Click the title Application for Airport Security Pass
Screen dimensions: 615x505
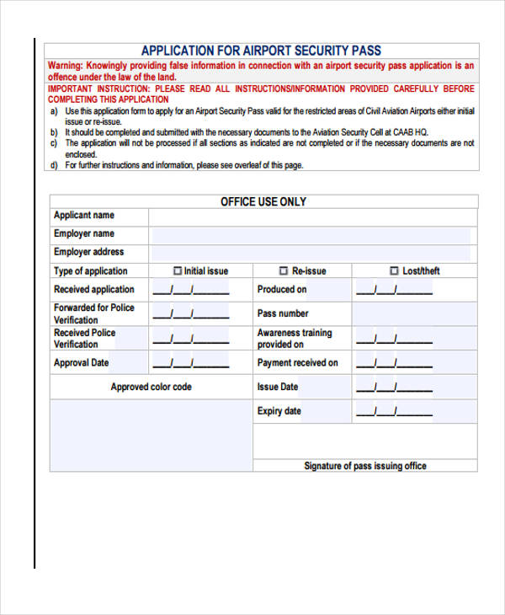click(261, 50)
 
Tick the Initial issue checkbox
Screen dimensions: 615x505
click(178, 271)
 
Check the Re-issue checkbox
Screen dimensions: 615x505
click(283, 271)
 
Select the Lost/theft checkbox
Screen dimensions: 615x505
click(394, 271)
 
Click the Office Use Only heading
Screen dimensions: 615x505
click(263, 202)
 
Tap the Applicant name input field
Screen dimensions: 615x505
click(312, 217)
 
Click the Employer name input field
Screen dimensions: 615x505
click(312, 235)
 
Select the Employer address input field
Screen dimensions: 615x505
click(312, 253)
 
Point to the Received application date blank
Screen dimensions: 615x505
click(190, 291)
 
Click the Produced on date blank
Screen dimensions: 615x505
click(394, 291)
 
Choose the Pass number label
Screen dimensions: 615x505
click(283, 313)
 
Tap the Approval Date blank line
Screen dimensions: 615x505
click(190, 364)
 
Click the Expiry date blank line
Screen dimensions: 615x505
click(394, 412)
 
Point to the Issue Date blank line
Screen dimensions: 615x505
click(394, 388)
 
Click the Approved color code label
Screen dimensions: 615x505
click(151, 388)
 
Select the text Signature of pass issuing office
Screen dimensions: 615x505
click(365, 466)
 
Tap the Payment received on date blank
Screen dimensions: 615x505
click(394, 364)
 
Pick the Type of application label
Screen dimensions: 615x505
click(91, 271)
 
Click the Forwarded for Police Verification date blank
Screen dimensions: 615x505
click(190, 314)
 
